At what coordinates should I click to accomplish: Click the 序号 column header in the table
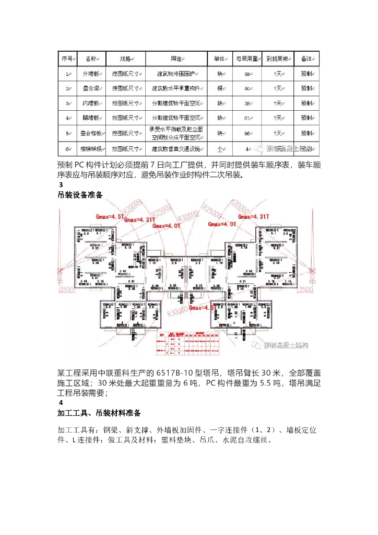pos(68,59)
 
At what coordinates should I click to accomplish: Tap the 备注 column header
pos(307,59)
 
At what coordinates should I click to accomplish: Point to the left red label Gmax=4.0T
pos(167,226)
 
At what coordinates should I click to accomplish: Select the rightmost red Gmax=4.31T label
pos(254,216)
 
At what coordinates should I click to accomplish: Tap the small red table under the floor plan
pos(185,342)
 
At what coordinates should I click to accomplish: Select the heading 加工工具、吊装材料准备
pos(99,413)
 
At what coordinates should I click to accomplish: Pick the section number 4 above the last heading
pos(61,403)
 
